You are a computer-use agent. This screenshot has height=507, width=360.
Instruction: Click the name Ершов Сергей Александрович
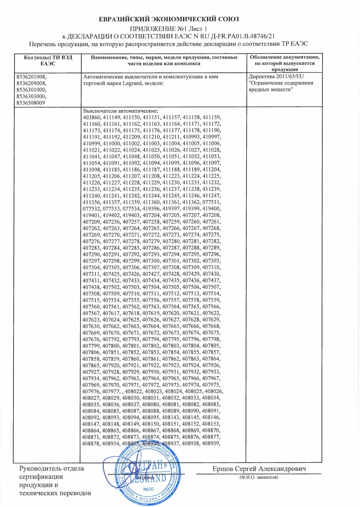[x=259, y=469]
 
